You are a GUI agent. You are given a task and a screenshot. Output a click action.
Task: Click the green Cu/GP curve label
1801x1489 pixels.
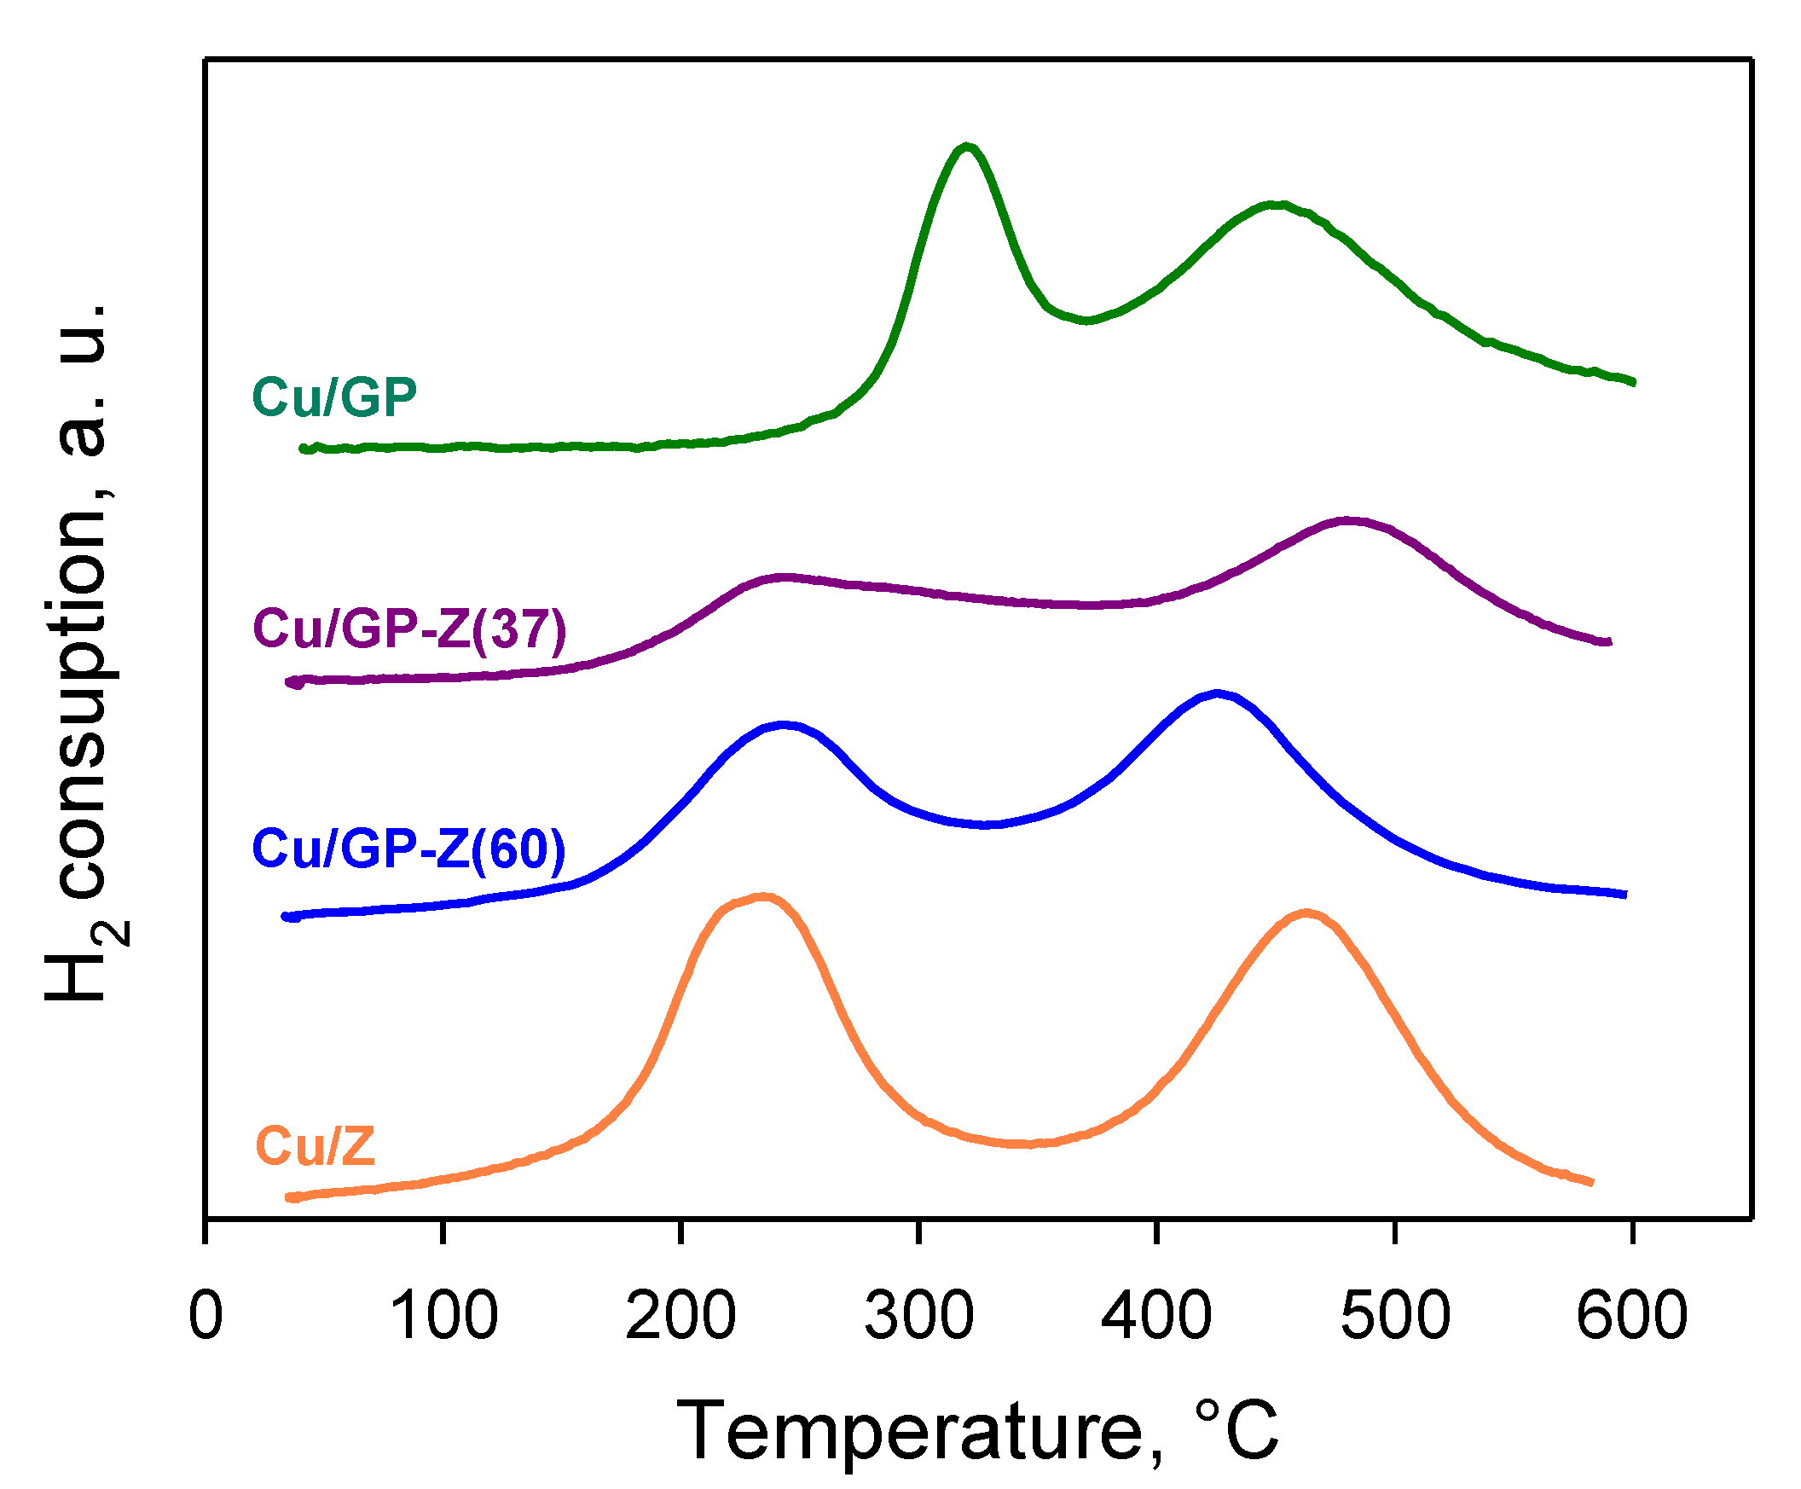click(334, 397)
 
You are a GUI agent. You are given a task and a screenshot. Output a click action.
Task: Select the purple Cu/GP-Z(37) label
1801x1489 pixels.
click(410, 629)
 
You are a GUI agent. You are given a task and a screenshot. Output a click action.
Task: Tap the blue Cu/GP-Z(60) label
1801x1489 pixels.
click(409, 849)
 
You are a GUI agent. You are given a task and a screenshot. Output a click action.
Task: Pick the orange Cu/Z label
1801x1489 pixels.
click(316, 1146)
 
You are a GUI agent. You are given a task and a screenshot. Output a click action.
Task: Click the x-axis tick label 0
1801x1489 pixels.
click(206, 1316)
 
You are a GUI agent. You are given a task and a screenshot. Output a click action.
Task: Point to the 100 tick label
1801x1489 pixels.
click(443, 1316)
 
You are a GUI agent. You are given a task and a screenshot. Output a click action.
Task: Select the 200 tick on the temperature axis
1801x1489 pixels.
click(681, 1316)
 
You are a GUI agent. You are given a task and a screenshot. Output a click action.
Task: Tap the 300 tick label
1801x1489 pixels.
click(919, 1316)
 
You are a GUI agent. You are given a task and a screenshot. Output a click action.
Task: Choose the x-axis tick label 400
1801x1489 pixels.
click(1157, 1316)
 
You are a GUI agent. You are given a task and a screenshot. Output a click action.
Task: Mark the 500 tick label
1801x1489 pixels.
click(1395, 1316)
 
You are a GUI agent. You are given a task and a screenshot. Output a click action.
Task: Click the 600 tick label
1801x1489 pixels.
click(1632, 1316)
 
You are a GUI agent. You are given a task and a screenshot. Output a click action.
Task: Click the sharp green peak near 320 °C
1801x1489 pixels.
click(967, 147)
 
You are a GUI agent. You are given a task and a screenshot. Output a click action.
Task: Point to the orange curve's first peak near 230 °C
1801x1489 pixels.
click(762, 898)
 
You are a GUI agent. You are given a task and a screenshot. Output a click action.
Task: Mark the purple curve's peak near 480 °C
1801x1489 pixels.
click(1348, 519)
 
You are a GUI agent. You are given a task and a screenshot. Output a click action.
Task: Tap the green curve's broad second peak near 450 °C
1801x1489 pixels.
click(1278, 205)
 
